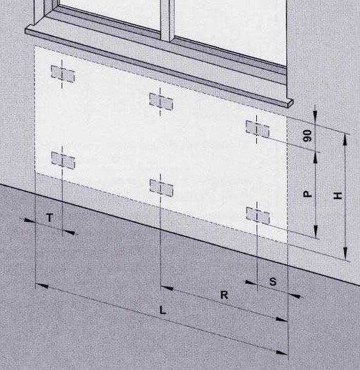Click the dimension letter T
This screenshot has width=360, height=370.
pyautogui.click(x=49, y=218)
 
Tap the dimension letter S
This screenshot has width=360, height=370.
pyautogui.click(x=273, y=282)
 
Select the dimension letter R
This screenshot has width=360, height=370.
pyautogui.click(x=224, y=295)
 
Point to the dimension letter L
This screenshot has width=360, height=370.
pyautogui.click(x=162, y=310)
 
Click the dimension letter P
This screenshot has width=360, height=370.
pyautogui.click(x=308, y=194)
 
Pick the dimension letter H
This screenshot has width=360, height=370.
pyautogui.click(x=338, y=195)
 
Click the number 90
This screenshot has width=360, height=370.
pyautogui.click(x=308, y=136)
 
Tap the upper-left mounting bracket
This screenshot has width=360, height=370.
pyautogui.click(x=63, y=74)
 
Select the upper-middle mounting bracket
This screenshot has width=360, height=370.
pyautogui.click(x=161, y=102)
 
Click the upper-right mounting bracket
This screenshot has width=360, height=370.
pyautogui.click(x=258, y=129)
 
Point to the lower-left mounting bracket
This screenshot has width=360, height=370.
pyautogui.click(x=63, y=160)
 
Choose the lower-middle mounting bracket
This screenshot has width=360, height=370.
pyautogui.click(x=161, y=188)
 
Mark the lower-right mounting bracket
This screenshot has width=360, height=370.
pyautogui.click(x=258, y=215)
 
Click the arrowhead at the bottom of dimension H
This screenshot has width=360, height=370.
pyautogui.click(x=345, y=253)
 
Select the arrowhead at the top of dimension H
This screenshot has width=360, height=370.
pyautogui.click(x=345, y=140)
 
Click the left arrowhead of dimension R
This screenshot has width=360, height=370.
pyautogui.click(x=167, y=288)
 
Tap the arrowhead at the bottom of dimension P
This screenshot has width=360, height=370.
pyautogui.click(x=316, y=231)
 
